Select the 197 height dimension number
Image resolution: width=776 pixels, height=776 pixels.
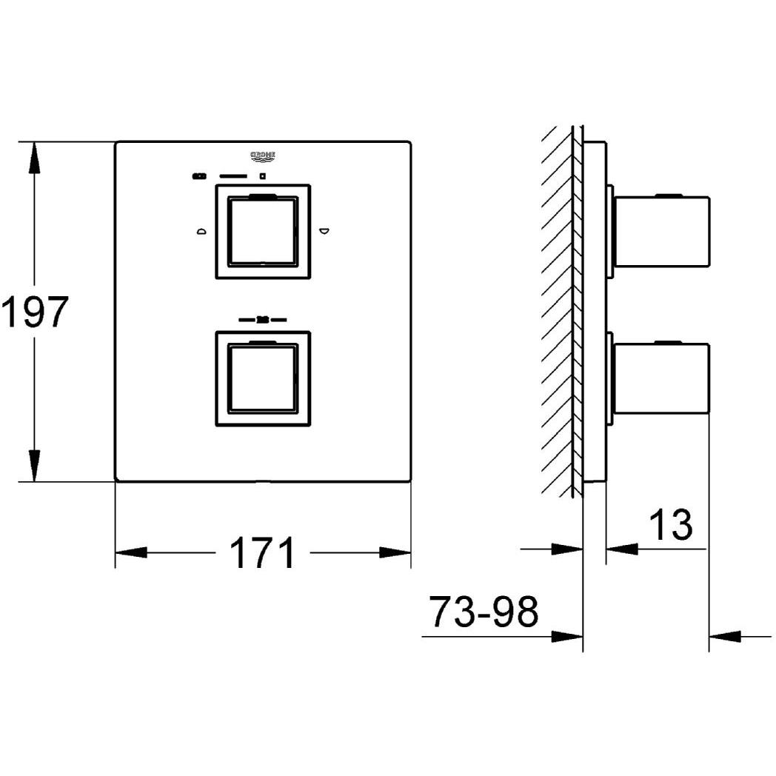point(35,311)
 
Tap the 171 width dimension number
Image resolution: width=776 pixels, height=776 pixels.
point(262,553)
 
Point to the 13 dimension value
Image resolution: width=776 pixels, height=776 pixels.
point(670,524)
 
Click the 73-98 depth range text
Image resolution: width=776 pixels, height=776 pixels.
point(484,612)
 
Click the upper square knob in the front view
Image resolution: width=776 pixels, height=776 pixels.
point(263,231)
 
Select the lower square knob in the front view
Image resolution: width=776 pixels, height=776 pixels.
point(263,378)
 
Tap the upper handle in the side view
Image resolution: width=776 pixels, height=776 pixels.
point(662,231)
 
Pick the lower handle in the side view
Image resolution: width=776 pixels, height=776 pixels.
point(662,378)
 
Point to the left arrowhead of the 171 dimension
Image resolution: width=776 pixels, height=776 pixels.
point(132,552)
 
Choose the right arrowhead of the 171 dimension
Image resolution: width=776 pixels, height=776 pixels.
point(395,552)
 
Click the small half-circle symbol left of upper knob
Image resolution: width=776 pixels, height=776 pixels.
point(201,232)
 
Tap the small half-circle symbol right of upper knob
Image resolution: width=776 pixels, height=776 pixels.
point(324,232)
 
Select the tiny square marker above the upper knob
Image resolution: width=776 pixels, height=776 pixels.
point(262,176)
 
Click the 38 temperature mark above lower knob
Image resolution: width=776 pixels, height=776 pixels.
point(262,320)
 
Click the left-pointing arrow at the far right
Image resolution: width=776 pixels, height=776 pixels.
point(726,635)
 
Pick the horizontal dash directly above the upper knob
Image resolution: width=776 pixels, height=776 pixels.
point(234,176)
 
